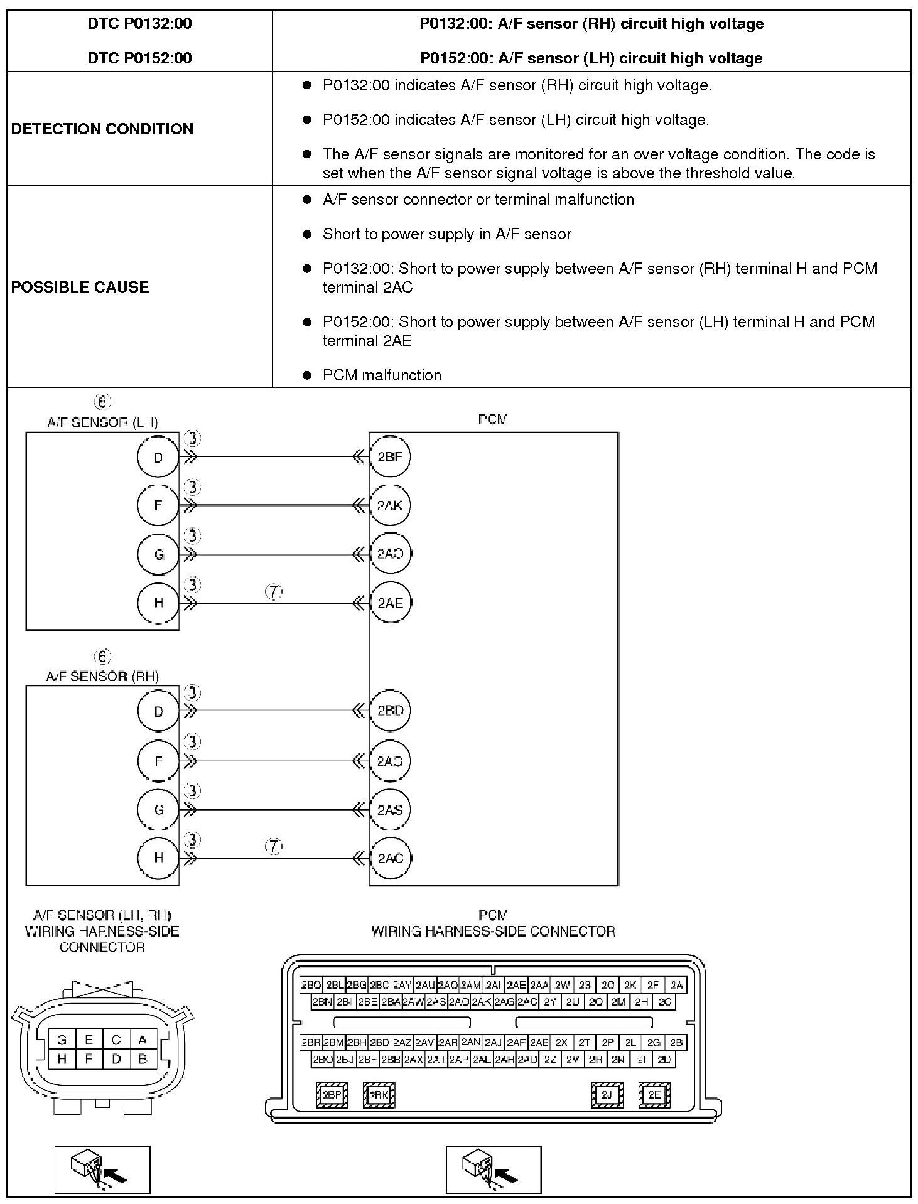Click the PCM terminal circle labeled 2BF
tap(390, 456)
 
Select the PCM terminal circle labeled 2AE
tap(390, 603)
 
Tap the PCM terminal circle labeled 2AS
tap(390, 810)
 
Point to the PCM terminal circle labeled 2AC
tap(390, 858)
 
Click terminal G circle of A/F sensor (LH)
tap(158, 554)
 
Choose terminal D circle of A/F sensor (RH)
tap(158, 711)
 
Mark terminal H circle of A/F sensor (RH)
tap(158, 858)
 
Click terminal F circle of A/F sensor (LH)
tap(158, 505)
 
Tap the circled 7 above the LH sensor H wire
tap(274, 591)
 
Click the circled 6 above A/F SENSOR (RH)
tap(102, 657)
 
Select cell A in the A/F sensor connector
tap(143, 1040)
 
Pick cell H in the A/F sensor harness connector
tap(62, 1059)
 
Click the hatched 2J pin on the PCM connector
tap(607, 1095)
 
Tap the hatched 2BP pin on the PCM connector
tap(332, 1095)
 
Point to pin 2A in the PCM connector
tap(676, 985)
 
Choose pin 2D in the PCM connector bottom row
tap(664, 1060)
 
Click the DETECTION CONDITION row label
tap(102, 129)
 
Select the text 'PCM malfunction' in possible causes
tap(382, 375)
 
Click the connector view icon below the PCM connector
tap(494, 1169)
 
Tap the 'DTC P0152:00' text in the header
tap(139, 58)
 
